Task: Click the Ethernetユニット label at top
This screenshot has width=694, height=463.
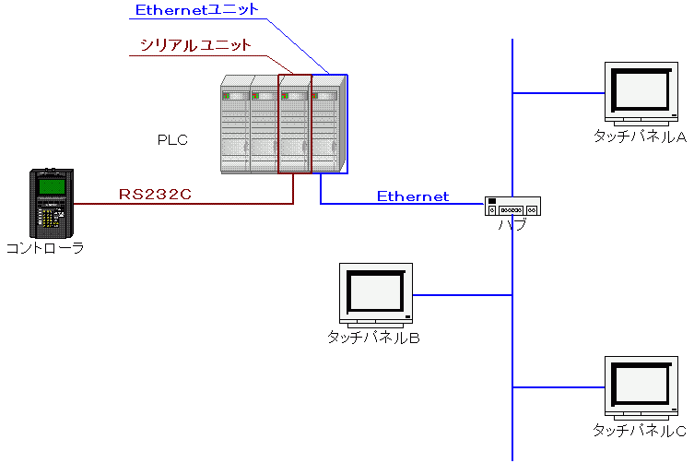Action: [x=196, y=11]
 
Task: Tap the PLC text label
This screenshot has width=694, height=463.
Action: [x=172, y=140]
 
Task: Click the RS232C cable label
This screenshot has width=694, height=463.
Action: [x=155, y=195]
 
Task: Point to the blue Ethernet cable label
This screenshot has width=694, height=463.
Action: [x=412, y=196]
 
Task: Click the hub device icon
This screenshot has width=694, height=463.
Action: [x=512, y=207]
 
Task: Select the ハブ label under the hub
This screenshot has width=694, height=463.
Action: [x=512, y=223]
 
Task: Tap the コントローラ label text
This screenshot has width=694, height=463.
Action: [x=45, y=247]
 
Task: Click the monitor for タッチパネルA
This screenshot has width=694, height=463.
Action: [x=641, y=91]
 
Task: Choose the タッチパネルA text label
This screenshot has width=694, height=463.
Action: [x=641, y=137]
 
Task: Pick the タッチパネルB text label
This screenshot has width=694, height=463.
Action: [x=374, y=338]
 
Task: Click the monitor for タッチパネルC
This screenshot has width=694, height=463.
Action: [x=641, y=386]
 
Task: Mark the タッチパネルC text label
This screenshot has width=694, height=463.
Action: [x=640, y=431]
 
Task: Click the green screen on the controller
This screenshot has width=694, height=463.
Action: [x=51, y=187]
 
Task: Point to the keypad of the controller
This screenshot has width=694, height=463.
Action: [x=50, y=216]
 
